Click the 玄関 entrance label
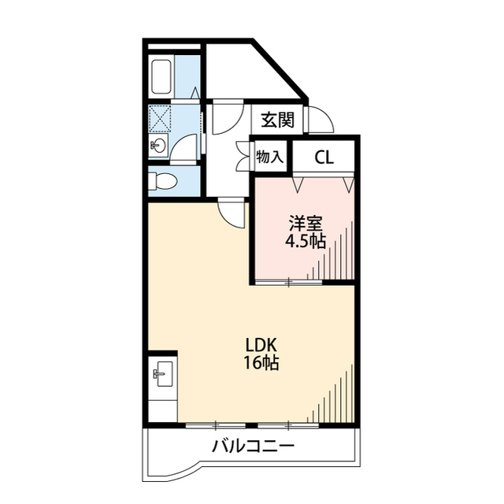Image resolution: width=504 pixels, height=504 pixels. coord(278,120)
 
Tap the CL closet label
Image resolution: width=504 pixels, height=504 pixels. coord(324,157)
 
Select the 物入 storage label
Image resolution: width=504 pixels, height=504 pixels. coord(269,157)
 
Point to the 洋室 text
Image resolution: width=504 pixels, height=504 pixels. coord(306,224)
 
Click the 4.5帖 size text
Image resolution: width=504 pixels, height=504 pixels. coord(306,241)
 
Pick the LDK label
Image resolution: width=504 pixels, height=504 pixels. coord(261,345)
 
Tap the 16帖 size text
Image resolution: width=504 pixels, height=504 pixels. coord(261,362)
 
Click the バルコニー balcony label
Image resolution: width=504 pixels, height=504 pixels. coord(254,447)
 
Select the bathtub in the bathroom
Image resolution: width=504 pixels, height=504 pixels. coord(162,76)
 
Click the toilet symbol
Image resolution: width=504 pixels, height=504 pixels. coord(164,181)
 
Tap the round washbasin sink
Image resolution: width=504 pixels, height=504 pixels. coord(158,145)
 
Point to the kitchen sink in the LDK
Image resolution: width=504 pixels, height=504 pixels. coord(164,374)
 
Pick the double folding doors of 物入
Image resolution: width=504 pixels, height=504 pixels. coord(243,157)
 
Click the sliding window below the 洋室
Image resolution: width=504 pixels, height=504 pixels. coord(288,282)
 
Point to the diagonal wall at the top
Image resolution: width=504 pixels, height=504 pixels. coord(280,69)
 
